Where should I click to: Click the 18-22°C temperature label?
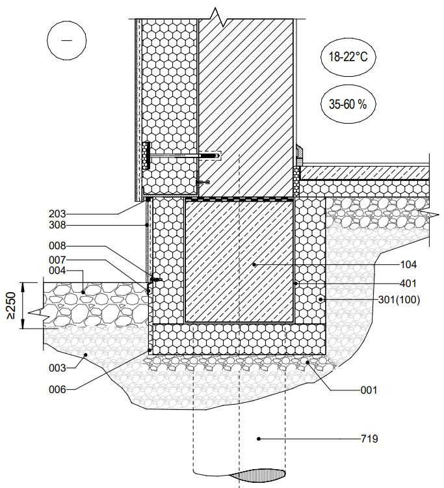click(x=348, y=57)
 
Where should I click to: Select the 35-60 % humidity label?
click(x=348, y=104)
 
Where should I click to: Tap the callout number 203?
click(x=57, y=214)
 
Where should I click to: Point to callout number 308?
click(x=57, y=225)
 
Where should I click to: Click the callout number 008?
click(x=57, y=246)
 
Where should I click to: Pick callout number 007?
click(x=57, y=260)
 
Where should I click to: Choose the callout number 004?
click(x=57, y=271)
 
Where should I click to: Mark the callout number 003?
click(x=57, y=368)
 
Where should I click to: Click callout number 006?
click(x=57, y=389)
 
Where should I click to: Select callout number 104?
click(x=408, y=265)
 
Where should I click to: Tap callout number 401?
click(x=408, y=283)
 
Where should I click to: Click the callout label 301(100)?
click(x=399, y=300)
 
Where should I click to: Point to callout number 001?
click(x=369, y=390)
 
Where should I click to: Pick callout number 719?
click(x=369, y=439)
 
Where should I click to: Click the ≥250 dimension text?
click(x=11, y=305)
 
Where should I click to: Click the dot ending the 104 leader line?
click(x=254, y=265)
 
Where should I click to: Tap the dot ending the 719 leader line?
click(x=259, y=439)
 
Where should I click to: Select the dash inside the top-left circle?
click(x=66, y=40)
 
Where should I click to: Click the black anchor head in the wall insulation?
click(x=147, y=156)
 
